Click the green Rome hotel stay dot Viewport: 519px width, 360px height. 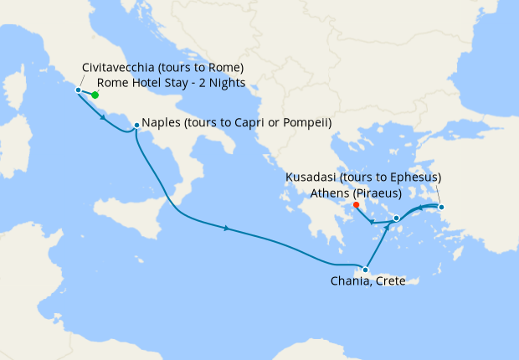95,95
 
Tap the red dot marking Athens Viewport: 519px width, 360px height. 357,204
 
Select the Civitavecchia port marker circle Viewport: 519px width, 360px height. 78,90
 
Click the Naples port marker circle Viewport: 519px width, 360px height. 136,127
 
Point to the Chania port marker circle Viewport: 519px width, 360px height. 365,270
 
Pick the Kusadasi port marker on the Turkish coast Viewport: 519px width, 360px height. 441,207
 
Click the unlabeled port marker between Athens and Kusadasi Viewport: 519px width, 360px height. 396,218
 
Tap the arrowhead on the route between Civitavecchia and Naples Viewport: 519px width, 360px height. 102,116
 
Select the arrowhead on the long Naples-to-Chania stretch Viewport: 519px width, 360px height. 228,228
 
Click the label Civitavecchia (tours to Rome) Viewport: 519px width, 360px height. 163,67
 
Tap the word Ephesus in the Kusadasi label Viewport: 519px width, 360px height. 409,177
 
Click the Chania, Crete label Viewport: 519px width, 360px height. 367,281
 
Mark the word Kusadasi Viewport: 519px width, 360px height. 313,177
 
